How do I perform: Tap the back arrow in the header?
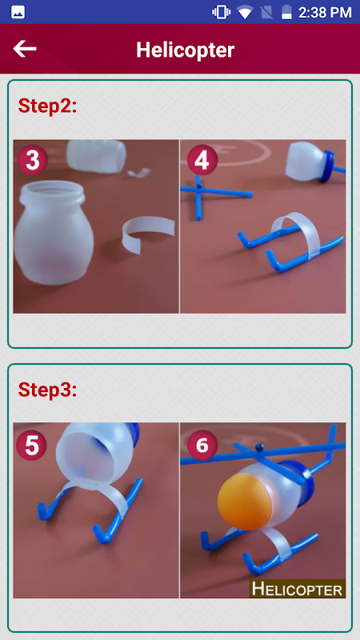pos(25,49)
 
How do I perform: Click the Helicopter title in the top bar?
pos(186,50)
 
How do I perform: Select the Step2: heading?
pos(47,106)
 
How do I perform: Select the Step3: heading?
pos(47,390)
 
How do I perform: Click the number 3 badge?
pos(32,161)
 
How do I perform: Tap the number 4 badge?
pos(202,161)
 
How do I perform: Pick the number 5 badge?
pos(32,446)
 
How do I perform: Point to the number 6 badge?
pos(202,446)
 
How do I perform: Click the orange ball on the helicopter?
pos(242,501)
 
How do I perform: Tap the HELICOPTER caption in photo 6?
pos(297,589)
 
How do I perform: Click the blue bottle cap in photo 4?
pos(327,166)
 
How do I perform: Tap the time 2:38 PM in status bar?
pos(325,12)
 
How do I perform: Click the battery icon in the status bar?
pos(286,12)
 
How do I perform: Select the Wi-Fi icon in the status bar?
pos(245,12)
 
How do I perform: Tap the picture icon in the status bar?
pos(18,12)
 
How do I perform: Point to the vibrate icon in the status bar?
pos(221,12)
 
